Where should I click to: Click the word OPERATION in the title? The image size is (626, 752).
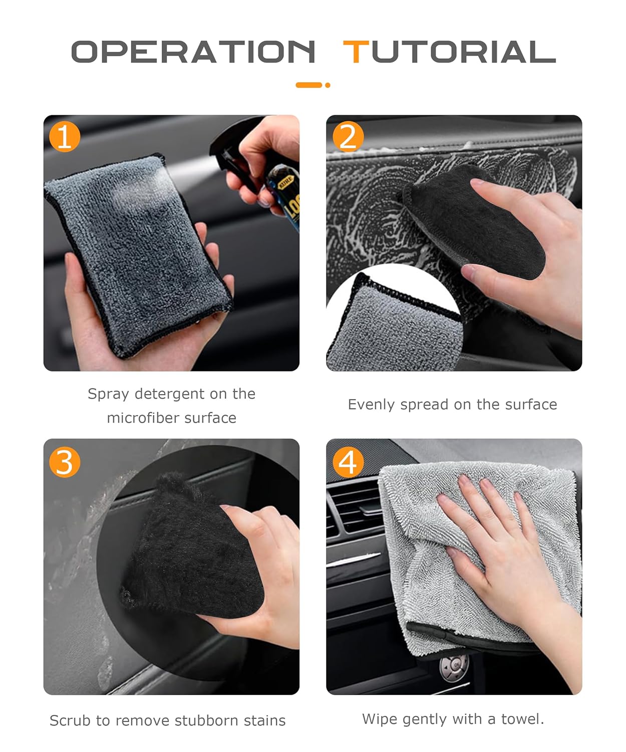pos(193,52)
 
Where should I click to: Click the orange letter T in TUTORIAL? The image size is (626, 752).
pos(356,52)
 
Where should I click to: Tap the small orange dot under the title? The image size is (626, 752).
pos(328,85)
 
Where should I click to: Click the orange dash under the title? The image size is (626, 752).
pos(308,85)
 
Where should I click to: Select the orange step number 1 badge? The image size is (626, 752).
pos(65,136)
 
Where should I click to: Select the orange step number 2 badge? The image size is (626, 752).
pos(348,136)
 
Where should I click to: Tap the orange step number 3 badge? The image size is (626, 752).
pos(65,462)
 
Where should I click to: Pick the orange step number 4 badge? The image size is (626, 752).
pos(348,462)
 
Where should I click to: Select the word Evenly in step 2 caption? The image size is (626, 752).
pos(372,405)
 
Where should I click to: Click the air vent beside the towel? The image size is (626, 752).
pos(355,504)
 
